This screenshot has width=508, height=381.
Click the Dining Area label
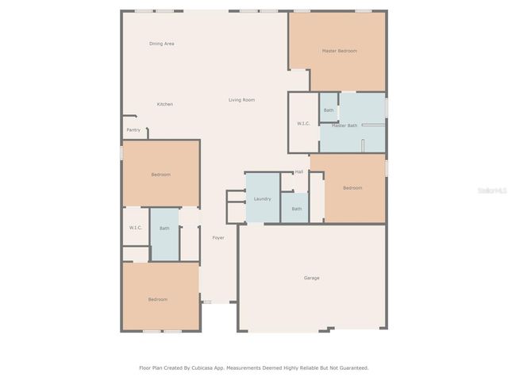pos(162,44)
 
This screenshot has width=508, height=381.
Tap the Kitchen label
pos(164,104)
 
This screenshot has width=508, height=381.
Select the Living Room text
pos(241,100)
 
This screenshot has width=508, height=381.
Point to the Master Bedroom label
pos(339,51)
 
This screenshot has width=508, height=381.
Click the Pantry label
pos(133,130)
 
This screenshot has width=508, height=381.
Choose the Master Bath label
pos(344,125)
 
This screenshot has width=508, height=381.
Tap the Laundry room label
pos(263,198)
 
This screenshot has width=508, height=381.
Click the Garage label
pos(312,278)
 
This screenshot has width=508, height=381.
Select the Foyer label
pos(218,238)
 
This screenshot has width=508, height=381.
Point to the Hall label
pos(299,171)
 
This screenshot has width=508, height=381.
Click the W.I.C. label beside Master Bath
pos(303,123)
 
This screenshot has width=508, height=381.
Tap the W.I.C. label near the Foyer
pos(135,228)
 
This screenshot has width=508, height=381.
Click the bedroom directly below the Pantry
pos(160,175)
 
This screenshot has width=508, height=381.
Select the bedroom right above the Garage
pos(352,188)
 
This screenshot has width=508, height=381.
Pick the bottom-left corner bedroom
pos(158,299)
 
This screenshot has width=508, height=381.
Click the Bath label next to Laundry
pos(296,209)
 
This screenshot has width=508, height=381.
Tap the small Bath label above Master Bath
pos(329,110)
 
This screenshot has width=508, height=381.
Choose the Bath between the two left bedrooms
pos(164,229)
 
